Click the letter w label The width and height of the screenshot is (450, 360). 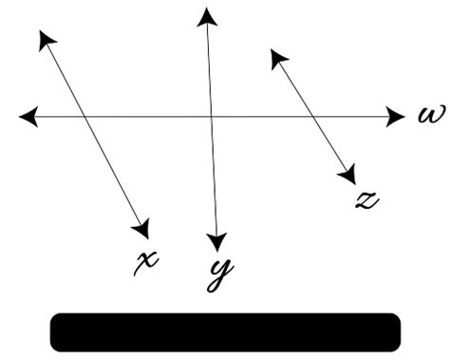(x=426, y=116)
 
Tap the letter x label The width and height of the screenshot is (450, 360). (x=145, y=260)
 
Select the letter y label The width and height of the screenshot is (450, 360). (x=219, y=273)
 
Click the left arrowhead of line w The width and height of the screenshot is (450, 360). (x=28, y=116)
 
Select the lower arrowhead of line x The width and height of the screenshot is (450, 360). (x=143, y=229)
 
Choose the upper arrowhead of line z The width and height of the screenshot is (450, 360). (x=277, y=58)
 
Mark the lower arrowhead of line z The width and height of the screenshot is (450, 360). (x=347, y=175)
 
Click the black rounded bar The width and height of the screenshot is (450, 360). (x=225, y=332)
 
